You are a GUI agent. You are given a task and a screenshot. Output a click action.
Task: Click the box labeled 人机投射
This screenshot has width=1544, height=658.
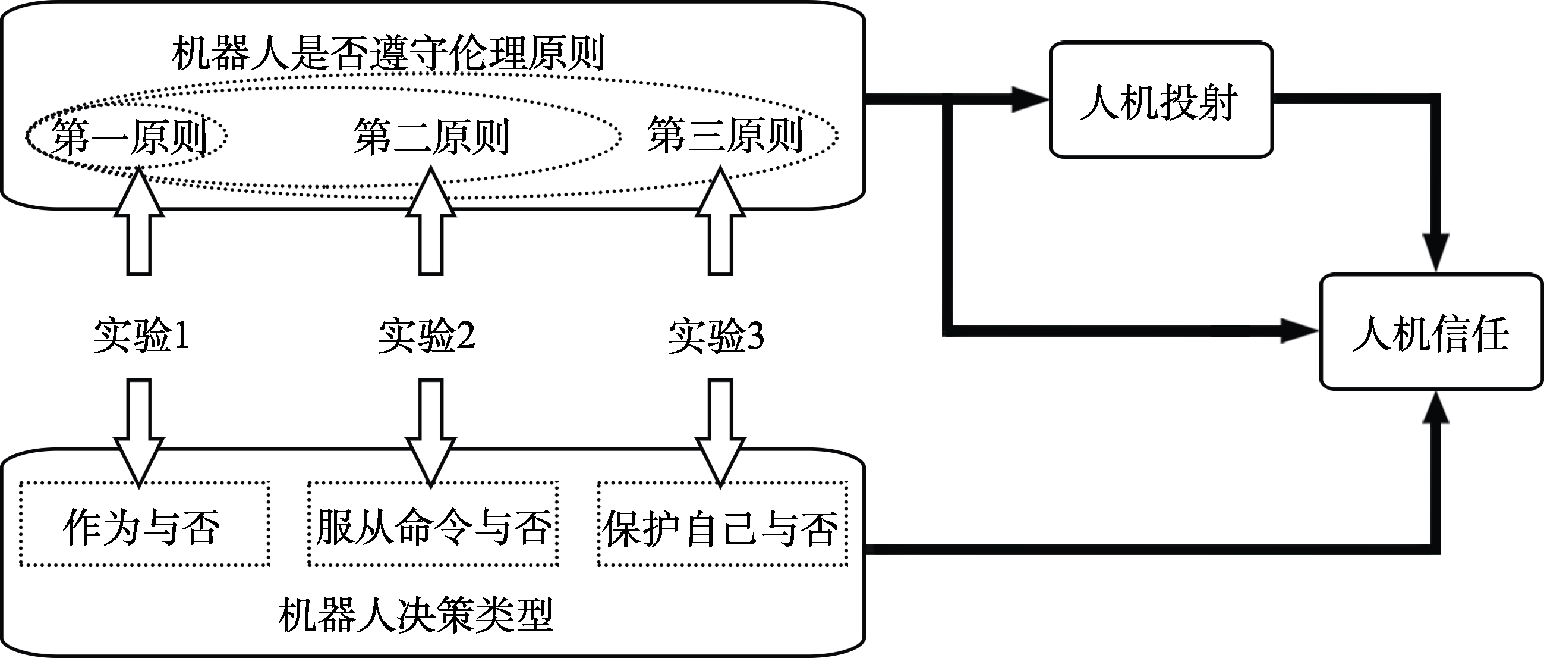pos(1161,100)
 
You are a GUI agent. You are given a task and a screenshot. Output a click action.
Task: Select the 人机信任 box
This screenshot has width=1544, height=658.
pos(1430,332)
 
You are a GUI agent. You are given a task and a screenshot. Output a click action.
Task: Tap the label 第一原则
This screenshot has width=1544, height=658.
pos(129,137)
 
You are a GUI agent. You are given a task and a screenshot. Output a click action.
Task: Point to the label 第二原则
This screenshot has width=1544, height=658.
pos(431,137)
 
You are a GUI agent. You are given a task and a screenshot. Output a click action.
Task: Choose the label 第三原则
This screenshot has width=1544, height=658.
pos(724,136)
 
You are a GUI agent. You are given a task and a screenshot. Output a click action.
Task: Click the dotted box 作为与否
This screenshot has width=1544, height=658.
pos(144,523)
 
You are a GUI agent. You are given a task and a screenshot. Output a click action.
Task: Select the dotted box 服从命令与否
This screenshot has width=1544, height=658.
pos(433,523)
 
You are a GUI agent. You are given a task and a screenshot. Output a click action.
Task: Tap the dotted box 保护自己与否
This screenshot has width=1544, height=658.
pos(722,523)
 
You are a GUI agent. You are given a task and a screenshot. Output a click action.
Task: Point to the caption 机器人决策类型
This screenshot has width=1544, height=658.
pos(415,613)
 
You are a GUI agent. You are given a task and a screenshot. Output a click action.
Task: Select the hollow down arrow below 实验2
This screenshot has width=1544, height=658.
pos(430,432)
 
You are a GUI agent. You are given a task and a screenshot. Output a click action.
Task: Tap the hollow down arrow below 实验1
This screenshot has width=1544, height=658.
pos(139,432)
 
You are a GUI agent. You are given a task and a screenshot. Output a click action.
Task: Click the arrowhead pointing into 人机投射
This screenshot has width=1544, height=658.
pos(1030,99)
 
